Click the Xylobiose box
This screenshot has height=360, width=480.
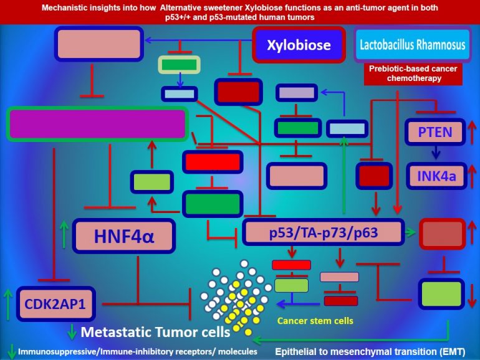[x=299, y=45]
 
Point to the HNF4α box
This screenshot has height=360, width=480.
[x=123, y=236]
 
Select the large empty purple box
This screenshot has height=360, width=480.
[x=97, y=123]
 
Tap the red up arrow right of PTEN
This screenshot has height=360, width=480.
[x=472, y=132]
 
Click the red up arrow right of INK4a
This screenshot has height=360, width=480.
[x=472, y=176]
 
